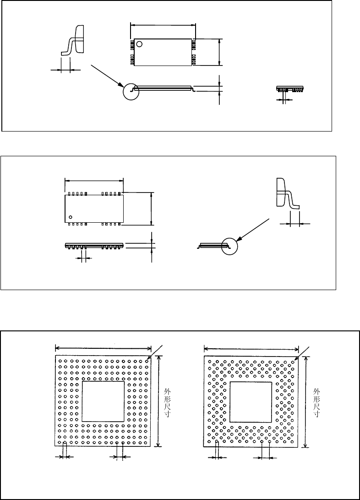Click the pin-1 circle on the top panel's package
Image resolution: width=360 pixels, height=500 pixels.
[x=140, y=44]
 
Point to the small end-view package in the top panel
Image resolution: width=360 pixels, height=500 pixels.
[x=291, y=88]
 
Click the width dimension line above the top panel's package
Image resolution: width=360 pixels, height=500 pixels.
[x=163, y=25]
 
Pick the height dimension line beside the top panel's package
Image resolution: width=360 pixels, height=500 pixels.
[x=220, y=52]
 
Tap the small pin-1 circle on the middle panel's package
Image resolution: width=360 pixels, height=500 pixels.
[x=71, y=216]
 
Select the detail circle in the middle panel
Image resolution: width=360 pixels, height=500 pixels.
[x=229, y=246]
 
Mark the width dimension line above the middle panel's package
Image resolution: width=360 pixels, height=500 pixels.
[x=94, y=180]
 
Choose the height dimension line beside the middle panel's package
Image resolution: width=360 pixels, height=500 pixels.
[x=152, y=209]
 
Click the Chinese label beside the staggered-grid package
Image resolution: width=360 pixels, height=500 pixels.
[x=316, y=401]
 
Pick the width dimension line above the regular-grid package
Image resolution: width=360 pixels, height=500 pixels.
[x=103, y=347]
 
